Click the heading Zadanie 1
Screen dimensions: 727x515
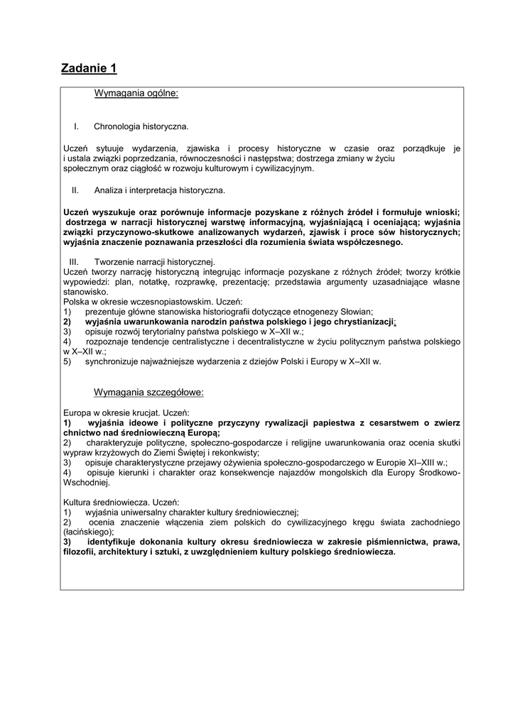click(x=89, y=68)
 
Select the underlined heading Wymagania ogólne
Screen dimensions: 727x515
click(x=136, y=93)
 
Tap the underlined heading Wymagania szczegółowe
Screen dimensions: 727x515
click(x=148, y=392)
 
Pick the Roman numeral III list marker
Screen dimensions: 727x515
click(x=73, y=263)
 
